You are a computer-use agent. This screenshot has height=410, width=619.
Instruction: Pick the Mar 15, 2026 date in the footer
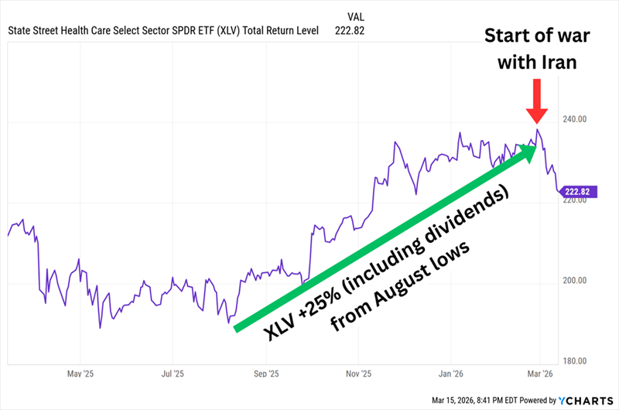[x=447, y=401]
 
